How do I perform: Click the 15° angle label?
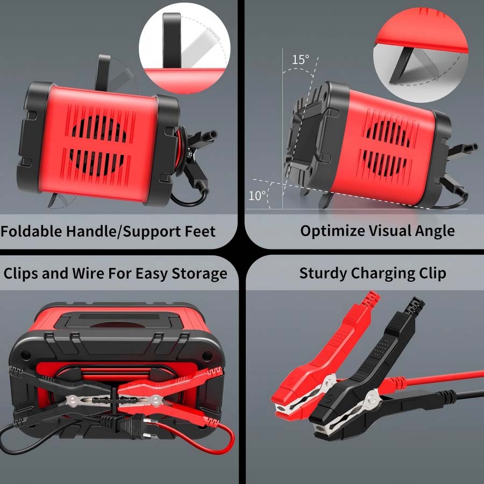click(300, 59)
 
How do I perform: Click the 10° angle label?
click(257, 196)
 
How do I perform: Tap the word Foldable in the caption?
click(31, 231)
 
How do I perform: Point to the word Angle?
click(435, 231)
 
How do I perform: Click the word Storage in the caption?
click(200, 274)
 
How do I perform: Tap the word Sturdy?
click(323, 274)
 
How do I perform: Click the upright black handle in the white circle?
click(172, 40)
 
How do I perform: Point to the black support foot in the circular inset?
click(401, 64)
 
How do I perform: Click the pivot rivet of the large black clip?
click(372, 397)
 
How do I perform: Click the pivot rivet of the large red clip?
click(329, 381)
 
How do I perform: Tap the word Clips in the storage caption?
click(20, 274)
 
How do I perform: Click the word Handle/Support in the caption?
click(124, 231)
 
